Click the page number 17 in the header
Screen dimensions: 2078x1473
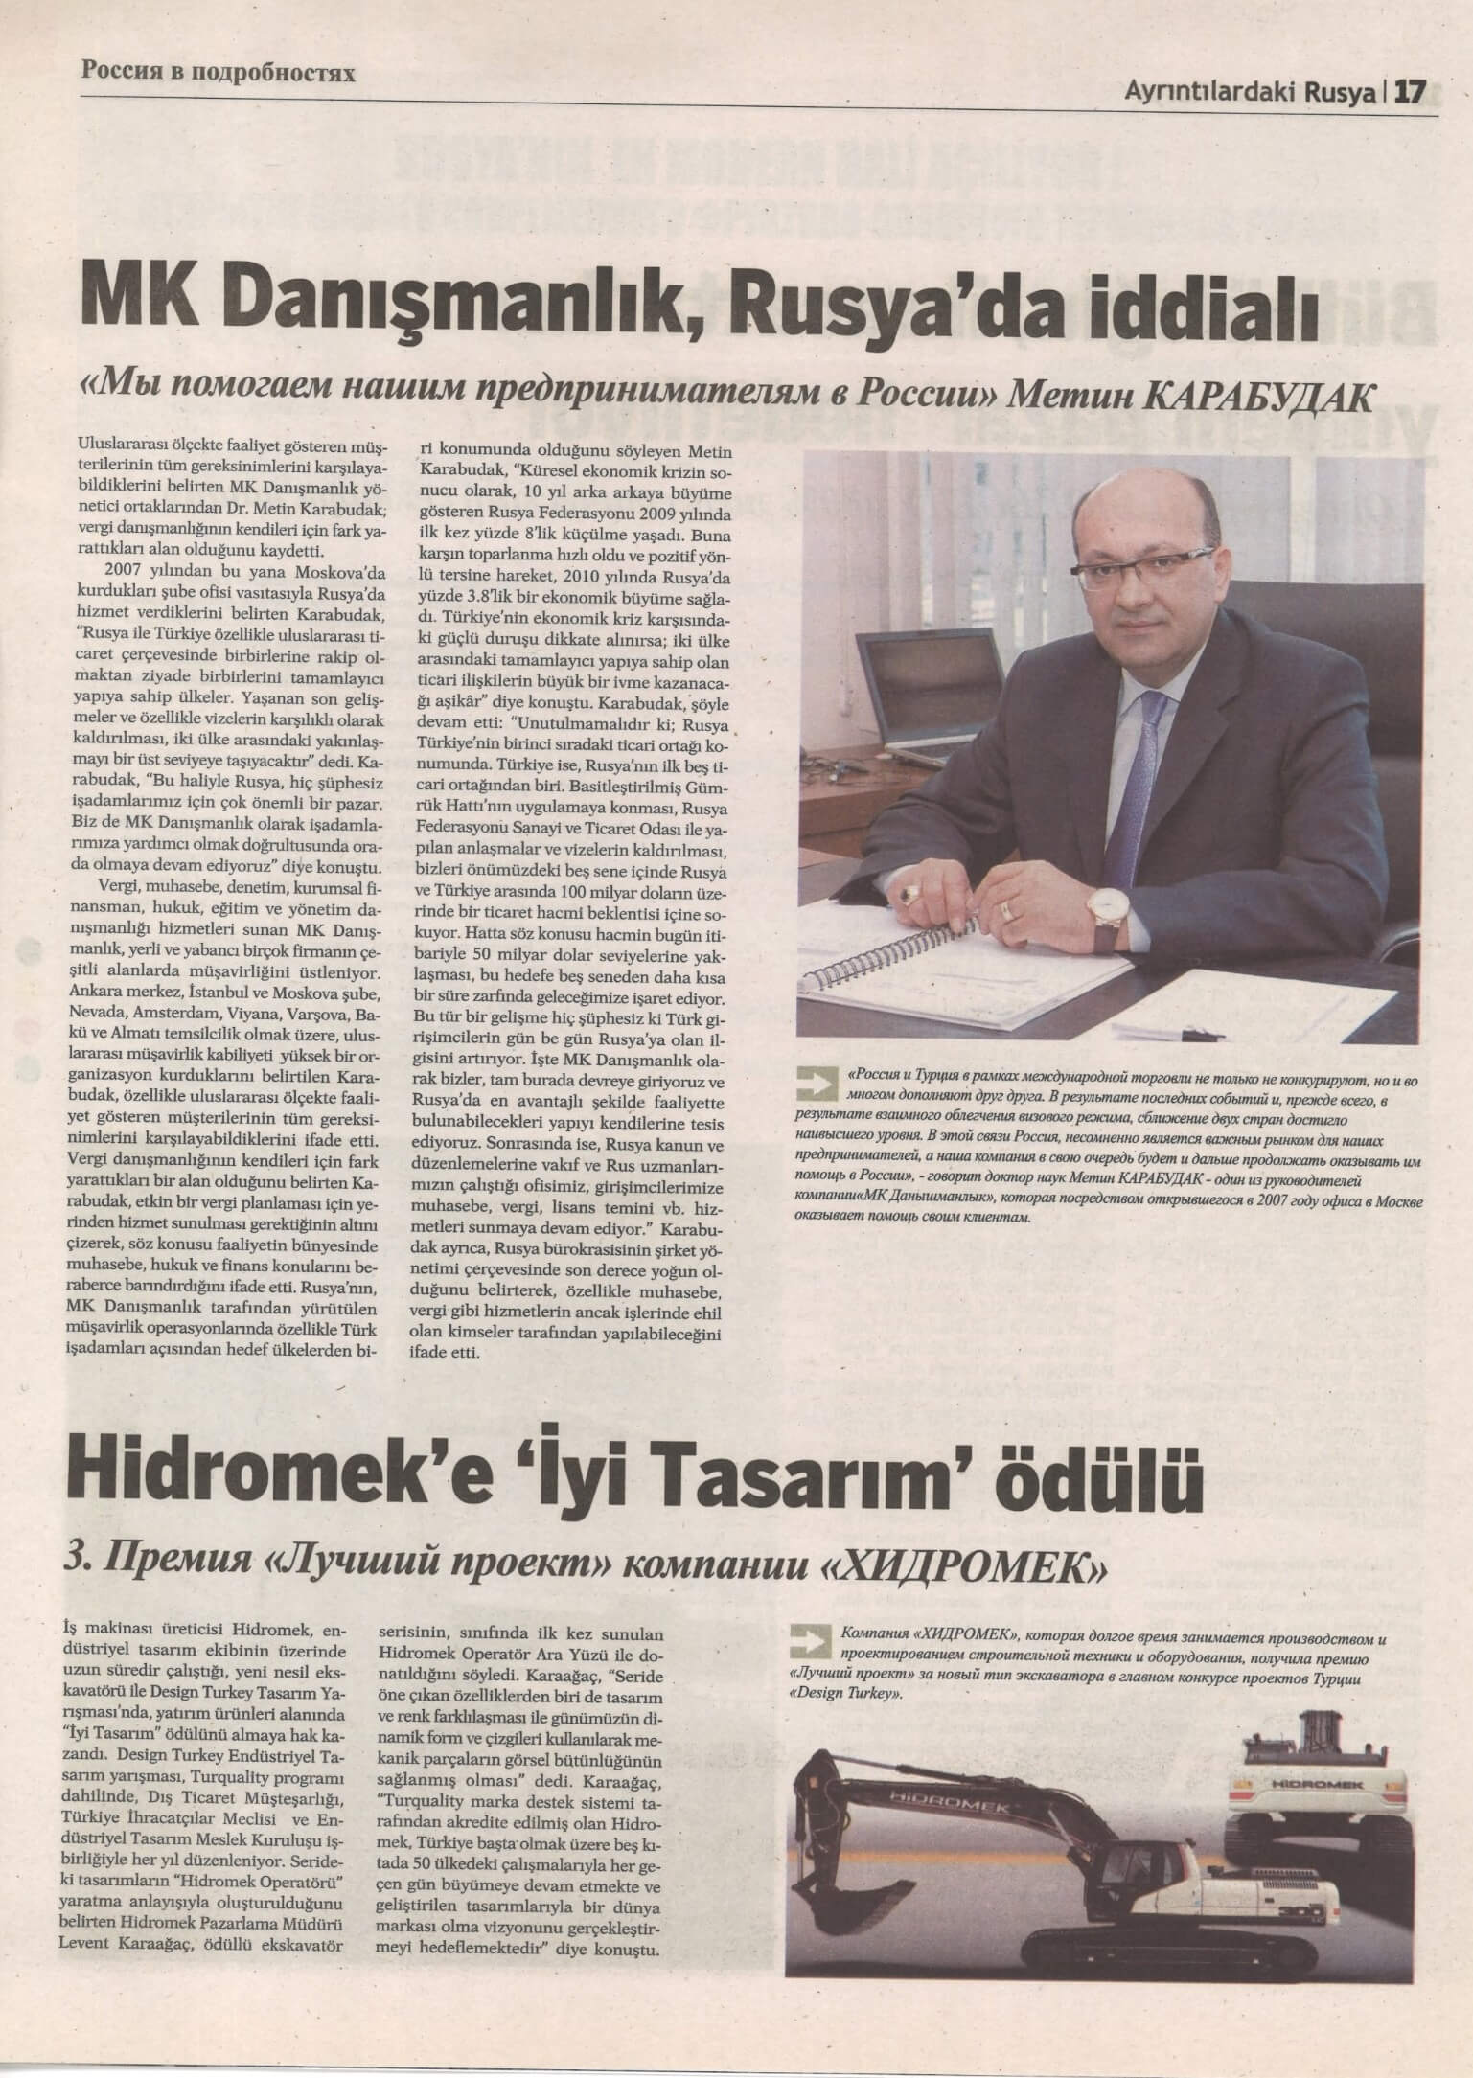[1409, 92]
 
